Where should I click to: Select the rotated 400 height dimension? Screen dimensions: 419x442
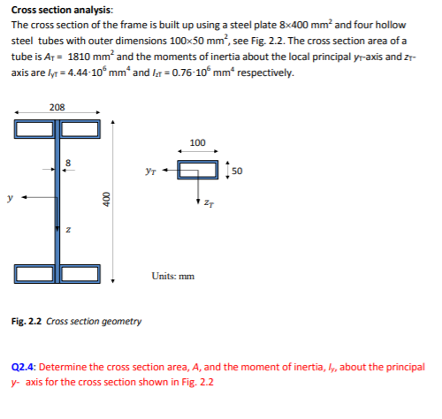click(x=105, y=199)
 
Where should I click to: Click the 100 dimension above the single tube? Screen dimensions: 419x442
click(x=198, y=142)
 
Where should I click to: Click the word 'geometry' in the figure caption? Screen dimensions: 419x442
click(x=119, y=321)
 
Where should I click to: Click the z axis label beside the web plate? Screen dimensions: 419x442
click(x=71, y=232)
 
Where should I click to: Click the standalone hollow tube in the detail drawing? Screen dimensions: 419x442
click(x=198, y=169)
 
